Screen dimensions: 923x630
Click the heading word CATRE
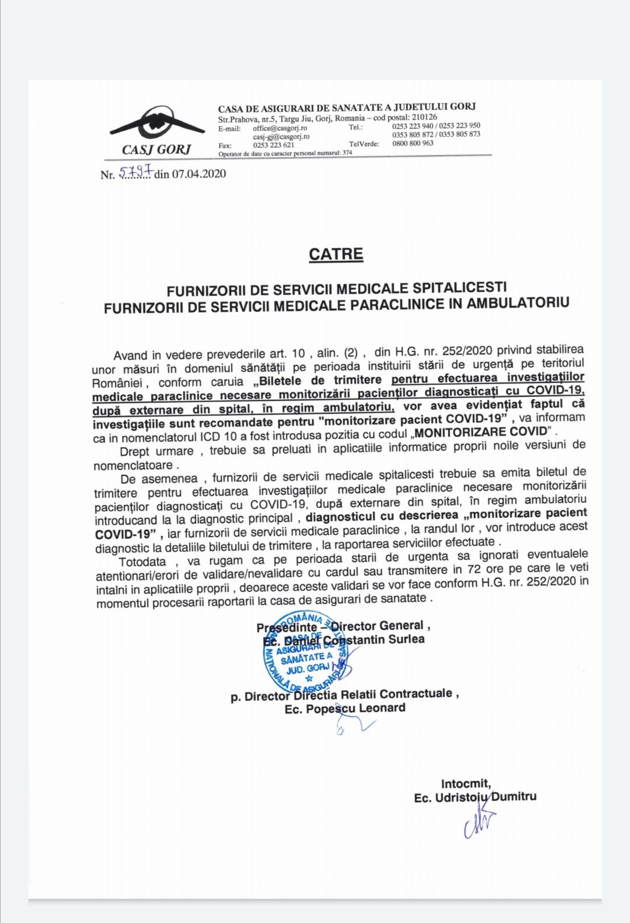pyautogui.click(x=335, y=254)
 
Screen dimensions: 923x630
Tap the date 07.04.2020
pyautogui.click(x=198, y=173)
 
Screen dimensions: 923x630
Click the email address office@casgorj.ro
pyautogui.click(x=280, y=128)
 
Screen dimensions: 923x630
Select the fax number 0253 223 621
pyautogui.click(x=274, y=145)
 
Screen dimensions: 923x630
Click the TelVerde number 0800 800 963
pyautogui.click(x=413, y=143)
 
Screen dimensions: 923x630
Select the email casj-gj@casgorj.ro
pyautogui.click(x=281, y=136)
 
